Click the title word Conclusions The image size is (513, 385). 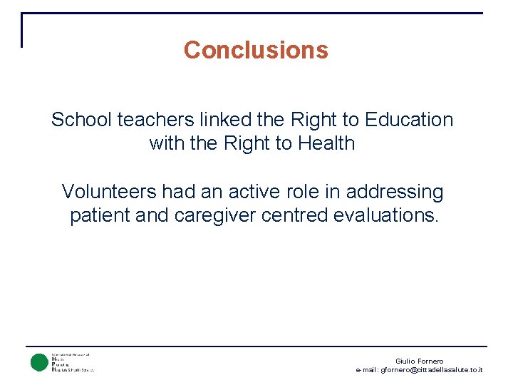tap(256, 50)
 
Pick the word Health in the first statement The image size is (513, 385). tap(326, 143)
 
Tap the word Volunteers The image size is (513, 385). tap(109, 192)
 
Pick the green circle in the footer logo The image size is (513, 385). tap(38, 362)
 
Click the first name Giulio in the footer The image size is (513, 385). tap(406, 361)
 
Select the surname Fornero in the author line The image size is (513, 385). tap(431, 361)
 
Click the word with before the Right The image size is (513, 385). tap(165, 143)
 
